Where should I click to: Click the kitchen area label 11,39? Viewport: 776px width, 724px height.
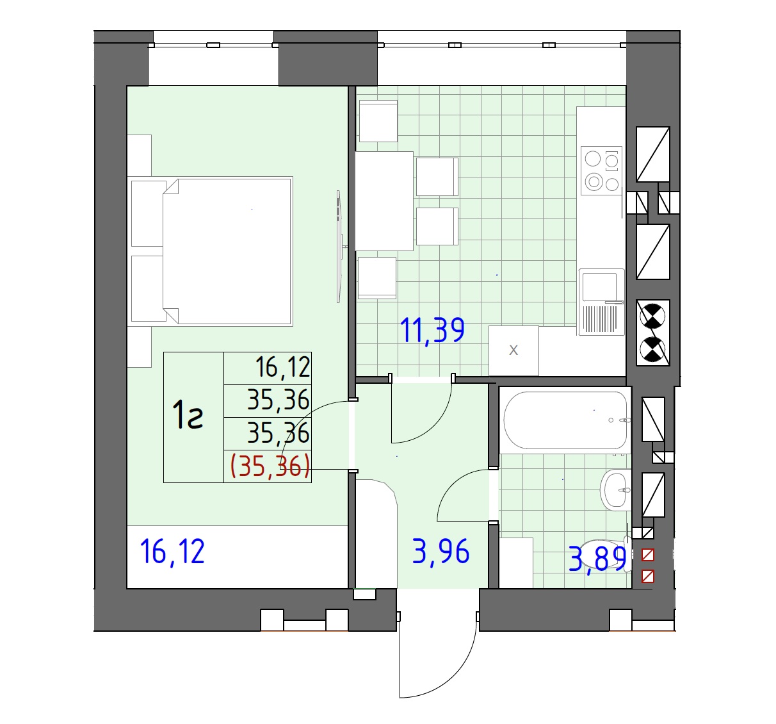pos(432,331)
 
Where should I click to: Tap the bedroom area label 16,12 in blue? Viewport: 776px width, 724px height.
pos(172,552)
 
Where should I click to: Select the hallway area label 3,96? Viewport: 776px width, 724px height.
pos(441,552)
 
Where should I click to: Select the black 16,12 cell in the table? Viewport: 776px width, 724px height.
pos(283,367)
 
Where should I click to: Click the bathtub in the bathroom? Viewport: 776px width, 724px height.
pos(565,420)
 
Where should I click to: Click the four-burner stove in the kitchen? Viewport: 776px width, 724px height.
pos(601,170)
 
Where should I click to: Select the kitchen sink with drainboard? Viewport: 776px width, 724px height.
pos(602,302)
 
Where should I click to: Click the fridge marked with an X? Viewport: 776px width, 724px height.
pos(514,350)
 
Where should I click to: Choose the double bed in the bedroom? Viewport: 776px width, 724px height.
pos(211,252)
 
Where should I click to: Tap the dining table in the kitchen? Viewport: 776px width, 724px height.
pos(384,201)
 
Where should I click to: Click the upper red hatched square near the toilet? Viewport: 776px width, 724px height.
pos(648,555)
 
